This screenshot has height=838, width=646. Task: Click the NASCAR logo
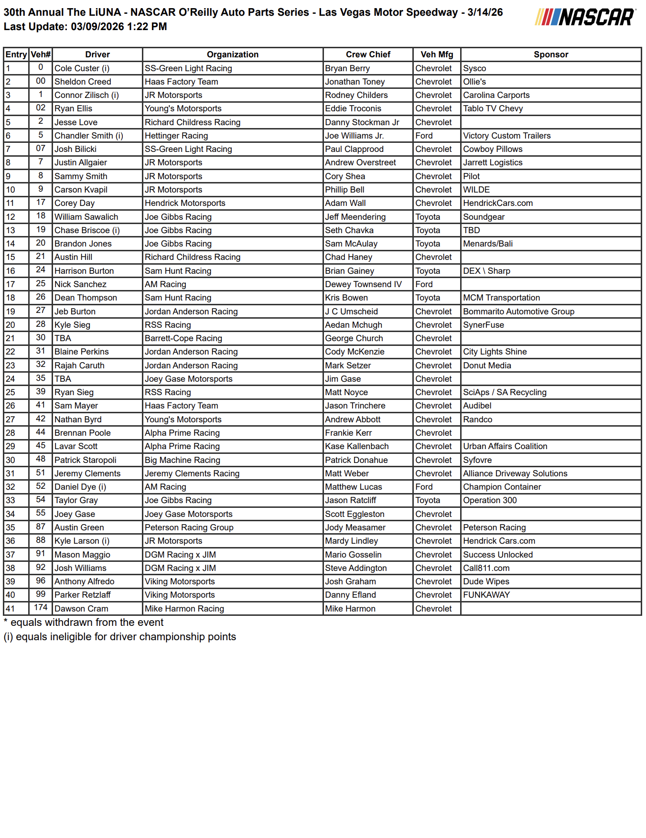[585, 17]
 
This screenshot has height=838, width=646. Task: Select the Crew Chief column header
[368, 54]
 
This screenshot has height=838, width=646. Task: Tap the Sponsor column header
[550, 54]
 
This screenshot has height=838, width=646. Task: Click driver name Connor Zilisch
[86, 95]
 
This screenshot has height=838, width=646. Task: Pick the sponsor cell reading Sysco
[474, 68]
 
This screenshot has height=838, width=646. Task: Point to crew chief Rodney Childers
[356, 95]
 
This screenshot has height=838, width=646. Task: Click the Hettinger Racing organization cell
[176, 136]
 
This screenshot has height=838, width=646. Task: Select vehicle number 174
[41, 608]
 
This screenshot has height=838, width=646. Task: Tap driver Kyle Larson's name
[82, 541]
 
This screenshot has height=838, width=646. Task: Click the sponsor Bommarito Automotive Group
[518, 312]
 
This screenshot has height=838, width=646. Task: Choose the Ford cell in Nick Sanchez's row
[424, 284]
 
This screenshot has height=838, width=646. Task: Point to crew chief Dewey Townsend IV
[363, 284]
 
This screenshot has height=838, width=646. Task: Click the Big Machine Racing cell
[183, 460]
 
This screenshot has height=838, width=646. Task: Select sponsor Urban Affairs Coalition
[505, 446]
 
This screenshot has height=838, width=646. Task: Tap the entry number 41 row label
[11, 609]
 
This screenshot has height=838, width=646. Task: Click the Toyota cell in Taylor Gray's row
[428, 500]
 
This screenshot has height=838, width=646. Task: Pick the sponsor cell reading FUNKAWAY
[486, 595]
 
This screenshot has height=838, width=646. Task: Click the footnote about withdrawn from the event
[84, 623]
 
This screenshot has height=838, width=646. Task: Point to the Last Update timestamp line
[86, 27]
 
